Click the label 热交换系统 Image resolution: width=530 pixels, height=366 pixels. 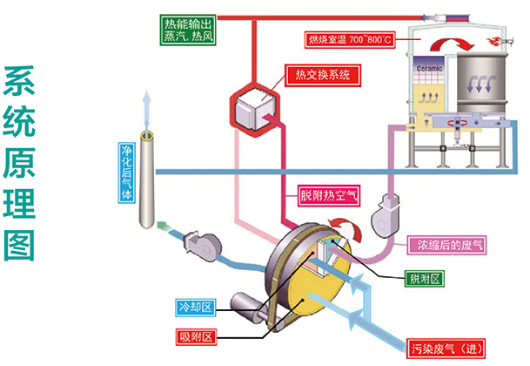321,75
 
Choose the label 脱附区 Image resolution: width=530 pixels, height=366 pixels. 426,279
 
